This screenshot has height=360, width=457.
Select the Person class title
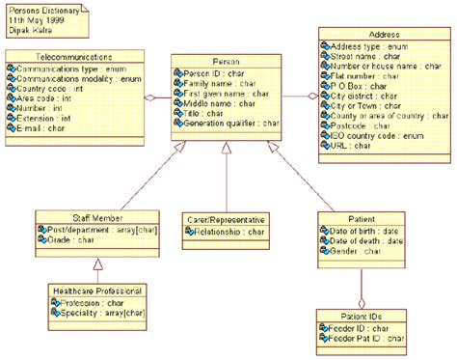[226, 61]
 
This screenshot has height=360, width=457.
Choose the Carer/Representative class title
[225, 220]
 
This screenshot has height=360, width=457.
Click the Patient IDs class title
[363, 316]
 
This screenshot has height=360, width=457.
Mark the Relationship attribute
[228, 233]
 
